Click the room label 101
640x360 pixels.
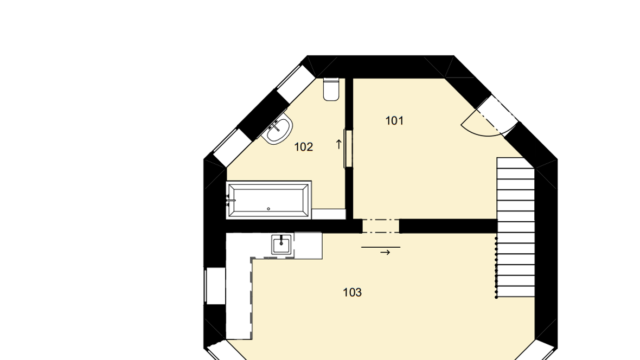(394, 121)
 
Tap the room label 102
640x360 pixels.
(303, 147)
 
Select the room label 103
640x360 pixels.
(352, 292)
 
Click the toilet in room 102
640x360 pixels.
(331, 89)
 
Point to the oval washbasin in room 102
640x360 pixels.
(278, 128)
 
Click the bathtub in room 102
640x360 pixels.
(269, 200)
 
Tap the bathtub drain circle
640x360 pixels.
(268, 209)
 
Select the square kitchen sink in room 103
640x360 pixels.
(281, 245)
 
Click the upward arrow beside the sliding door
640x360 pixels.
(338, 144)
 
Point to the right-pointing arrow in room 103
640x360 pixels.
(385, 253)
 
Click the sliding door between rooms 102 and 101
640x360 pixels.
(348, 149)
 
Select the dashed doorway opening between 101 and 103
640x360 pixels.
(381, 226)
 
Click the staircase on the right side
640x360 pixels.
(515, 227)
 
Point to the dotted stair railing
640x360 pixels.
(496, 267)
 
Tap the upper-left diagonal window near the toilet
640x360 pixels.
(295, 84)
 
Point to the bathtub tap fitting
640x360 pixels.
(231, 200)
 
